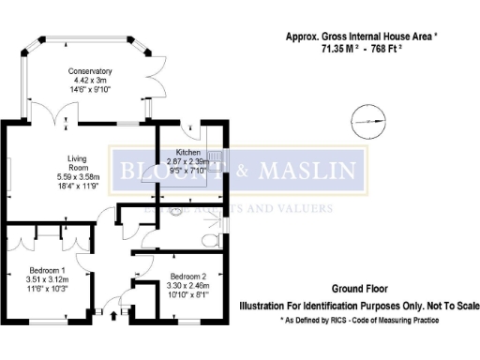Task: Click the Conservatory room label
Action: tap(90, 71)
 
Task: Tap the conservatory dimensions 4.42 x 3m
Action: tap(90, 80)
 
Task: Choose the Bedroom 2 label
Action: tap(186, 277)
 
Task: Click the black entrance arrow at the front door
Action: tap(114, 313)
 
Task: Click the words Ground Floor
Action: tap(359, 289)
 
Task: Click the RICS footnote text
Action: tap(360, 320)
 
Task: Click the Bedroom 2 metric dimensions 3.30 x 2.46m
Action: tap(186, 285)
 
